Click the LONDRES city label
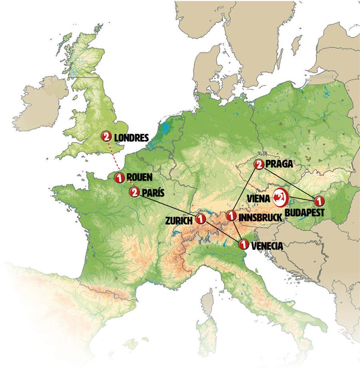(131, 138)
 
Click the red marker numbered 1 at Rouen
(119, 178)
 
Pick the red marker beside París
(134, 192)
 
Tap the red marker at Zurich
(200, 219)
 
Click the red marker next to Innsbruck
(231, 216)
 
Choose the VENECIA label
(267, 246)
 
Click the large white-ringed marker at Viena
(281, 196)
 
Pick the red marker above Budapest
(318, 200)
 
